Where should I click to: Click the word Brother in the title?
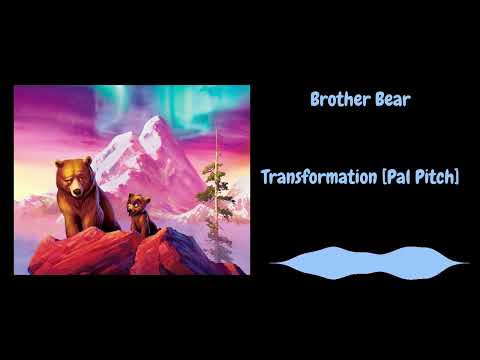point(338,100)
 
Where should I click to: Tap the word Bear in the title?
point(390,100)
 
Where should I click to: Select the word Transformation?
point(319,177)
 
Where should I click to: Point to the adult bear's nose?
point(71,187)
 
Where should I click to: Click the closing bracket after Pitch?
point(458,177)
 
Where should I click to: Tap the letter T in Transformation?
point(266,177)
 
